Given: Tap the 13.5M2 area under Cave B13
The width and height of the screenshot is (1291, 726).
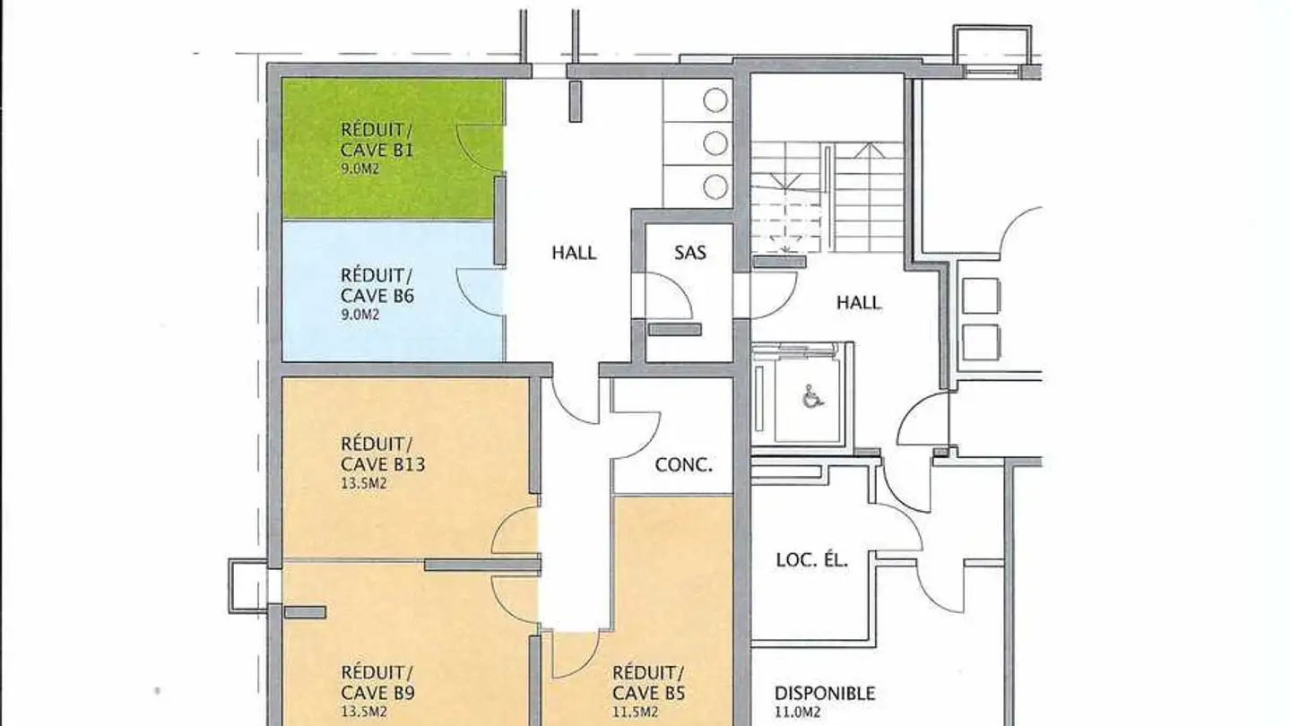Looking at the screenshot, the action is click(364, 483).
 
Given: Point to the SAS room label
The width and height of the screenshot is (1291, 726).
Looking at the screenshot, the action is click(690, 253).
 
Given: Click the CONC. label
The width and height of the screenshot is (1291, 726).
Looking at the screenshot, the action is click(683, 465).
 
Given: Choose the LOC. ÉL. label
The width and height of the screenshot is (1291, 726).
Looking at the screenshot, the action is click(812, 559).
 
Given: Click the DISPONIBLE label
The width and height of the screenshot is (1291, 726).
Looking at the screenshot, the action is click(825, 693).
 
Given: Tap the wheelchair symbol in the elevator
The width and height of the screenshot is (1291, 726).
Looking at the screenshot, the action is click(813, 396).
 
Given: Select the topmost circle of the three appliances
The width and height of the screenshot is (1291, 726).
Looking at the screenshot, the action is click(715, 100).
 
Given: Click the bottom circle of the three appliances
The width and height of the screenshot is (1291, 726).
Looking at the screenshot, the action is click(715, 186).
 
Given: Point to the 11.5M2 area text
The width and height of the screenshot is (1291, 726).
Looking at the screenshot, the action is click(635, 713).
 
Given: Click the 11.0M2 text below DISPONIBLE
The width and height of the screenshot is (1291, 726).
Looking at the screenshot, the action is click(797, 713).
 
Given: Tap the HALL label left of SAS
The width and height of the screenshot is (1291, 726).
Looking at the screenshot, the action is click(574, 253).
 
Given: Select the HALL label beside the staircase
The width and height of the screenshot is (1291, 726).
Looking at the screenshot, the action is click(859, 303).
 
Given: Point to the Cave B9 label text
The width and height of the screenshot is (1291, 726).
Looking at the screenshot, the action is click(377, 693).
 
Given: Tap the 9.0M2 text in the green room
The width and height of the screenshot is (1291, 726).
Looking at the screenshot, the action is click(360, 169).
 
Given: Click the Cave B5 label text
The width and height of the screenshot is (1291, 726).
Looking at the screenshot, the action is click(648, 693).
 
